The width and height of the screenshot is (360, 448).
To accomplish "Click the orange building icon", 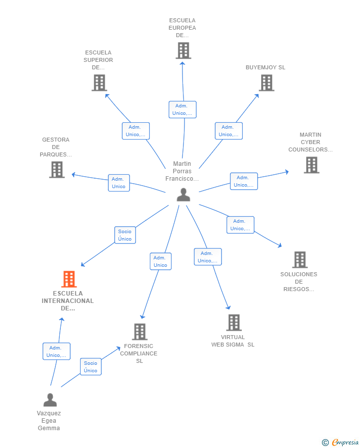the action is tap(69, 279).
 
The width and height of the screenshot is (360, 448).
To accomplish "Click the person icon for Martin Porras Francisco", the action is tap(183, 195).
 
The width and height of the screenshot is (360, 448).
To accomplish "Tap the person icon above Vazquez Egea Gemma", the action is tap(50, 399).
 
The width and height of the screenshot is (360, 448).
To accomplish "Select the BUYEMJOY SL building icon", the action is tap(267, 83).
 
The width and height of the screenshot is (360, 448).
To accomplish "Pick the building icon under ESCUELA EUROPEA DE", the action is tap(183, 50).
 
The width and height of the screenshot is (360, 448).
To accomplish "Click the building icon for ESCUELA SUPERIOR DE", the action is tap(99, 83).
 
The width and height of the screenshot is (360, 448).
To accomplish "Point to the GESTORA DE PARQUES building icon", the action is tap(57, 170).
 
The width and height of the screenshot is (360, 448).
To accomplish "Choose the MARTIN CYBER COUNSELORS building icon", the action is tap(312, 165).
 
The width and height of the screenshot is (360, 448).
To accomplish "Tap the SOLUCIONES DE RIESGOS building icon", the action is tap(300, 259).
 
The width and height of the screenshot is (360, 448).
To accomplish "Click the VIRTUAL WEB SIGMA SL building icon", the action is tap(234, 323).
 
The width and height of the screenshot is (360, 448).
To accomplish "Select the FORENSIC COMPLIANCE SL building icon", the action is tap(140, 332).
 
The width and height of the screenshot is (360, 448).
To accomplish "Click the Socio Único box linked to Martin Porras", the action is tap(125, 235).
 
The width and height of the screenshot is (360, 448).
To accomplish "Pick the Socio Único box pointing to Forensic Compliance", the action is tap(91, 367).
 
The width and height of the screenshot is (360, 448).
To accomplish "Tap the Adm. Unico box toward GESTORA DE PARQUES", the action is tap(119, 183).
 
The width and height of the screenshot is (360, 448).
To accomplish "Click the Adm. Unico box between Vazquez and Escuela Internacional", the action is tap(56, 351).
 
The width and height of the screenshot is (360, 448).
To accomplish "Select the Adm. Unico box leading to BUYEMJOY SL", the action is tap(228, 131).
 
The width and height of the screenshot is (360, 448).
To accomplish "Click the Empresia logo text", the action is tap(345, 442).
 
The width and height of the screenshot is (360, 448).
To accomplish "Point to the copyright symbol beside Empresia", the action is tap(325, 443).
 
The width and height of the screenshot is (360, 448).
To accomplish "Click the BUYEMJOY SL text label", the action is tap(266, 67).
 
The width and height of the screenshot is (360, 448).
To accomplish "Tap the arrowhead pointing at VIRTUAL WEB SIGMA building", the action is tap(228, 307).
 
